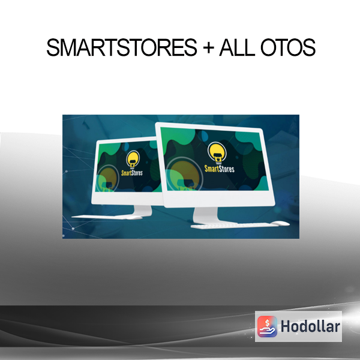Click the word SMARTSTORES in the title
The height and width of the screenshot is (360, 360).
pyautogui.click(x=122, y=47)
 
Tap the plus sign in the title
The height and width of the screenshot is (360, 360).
pyautogui.click(x=208, y=48)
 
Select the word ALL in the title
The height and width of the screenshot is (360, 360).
pyautogui.click(x=237, y=47)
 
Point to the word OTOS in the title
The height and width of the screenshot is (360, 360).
pyautogui.click(x=288, y=47)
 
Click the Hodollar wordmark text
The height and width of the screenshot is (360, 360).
pyautogui.click(x=310, y=326)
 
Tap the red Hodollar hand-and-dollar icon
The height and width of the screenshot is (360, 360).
pyautogui.click(x=267, y=326)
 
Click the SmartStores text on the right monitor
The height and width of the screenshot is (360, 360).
pyautogui.click(x=219, y=169)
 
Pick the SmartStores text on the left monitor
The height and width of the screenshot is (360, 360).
pyautogui.click(x=132, y=173)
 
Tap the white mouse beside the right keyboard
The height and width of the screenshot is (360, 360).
pyautogui.click(x=280, y=223)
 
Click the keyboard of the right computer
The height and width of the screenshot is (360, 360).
pyautogui.click(x=234, y=226)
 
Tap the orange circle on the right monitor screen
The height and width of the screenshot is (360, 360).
pyautogui.click(x=184, y=175)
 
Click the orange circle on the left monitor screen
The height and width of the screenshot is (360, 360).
pyautogui.click(x=107, y=179)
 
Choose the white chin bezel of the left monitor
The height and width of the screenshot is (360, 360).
pyautogui.click(x=128, y=199)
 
